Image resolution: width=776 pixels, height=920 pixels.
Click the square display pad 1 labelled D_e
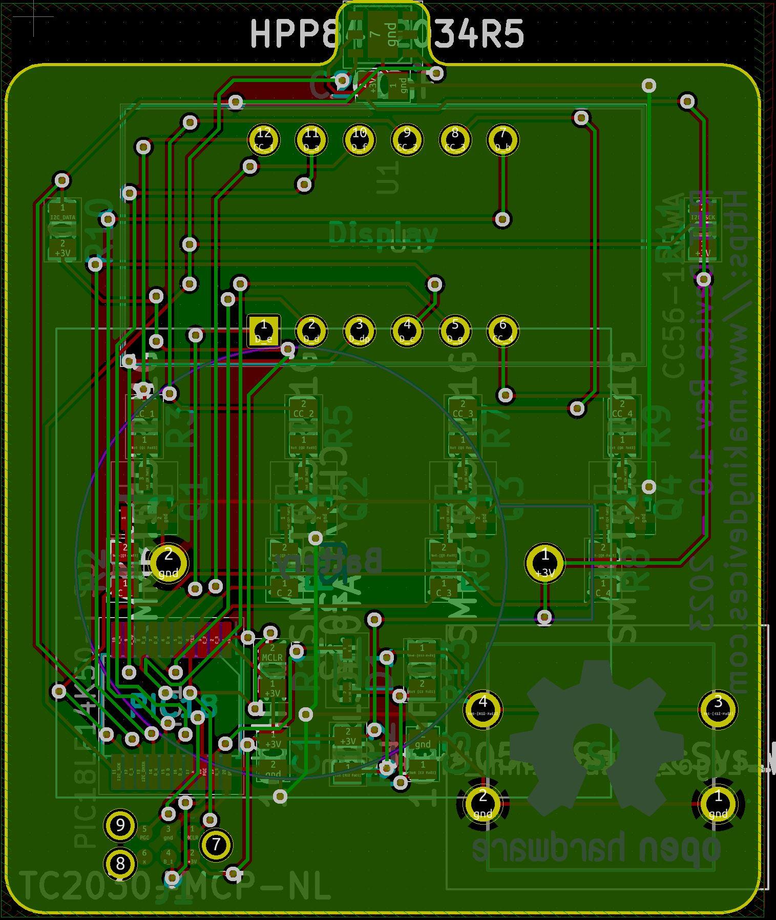[x=263, y=331]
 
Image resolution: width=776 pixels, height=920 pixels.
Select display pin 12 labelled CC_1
[x=264, y=139]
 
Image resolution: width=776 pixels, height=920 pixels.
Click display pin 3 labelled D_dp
[x=359, y=331]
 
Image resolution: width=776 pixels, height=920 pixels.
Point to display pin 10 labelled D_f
[x=359, y=139]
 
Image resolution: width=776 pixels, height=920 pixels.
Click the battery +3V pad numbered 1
[x=544, y=563]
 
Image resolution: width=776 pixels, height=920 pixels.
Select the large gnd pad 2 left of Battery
[x=169, y=562]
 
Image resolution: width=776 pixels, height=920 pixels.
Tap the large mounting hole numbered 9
[x=120, y=825]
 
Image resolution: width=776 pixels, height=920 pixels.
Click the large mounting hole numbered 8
[x=120, y=863]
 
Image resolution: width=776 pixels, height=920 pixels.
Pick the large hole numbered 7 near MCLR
[x=216, y=844]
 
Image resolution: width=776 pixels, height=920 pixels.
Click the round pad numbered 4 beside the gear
[x=483, y=709]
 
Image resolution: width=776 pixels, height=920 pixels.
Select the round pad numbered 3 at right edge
[x=718, y=709]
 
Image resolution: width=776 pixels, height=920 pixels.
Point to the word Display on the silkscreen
[x=383, y=235]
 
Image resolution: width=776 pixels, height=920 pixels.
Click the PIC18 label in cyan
[x=174, y=706]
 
